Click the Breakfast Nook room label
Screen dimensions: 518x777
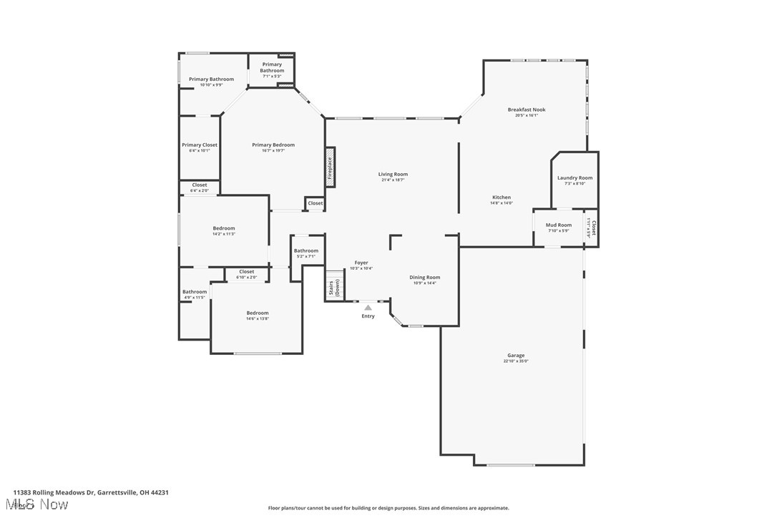527,109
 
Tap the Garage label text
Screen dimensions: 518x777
516,356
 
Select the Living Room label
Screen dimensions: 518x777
393,174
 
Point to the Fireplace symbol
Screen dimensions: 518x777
331,167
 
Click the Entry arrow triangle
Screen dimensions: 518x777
368,308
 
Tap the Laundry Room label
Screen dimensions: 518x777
575,177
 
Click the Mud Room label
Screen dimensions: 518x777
559,225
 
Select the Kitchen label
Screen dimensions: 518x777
501,197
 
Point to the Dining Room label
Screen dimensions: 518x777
424,277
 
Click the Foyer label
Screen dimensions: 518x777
361,263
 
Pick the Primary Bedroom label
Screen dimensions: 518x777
273,145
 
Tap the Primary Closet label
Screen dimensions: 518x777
199,145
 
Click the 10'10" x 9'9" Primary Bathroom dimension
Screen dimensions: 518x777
211,85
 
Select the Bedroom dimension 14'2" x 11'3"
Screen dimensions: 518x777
223,234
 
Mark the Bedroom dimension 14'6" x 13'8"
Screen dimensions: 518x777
258,319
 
